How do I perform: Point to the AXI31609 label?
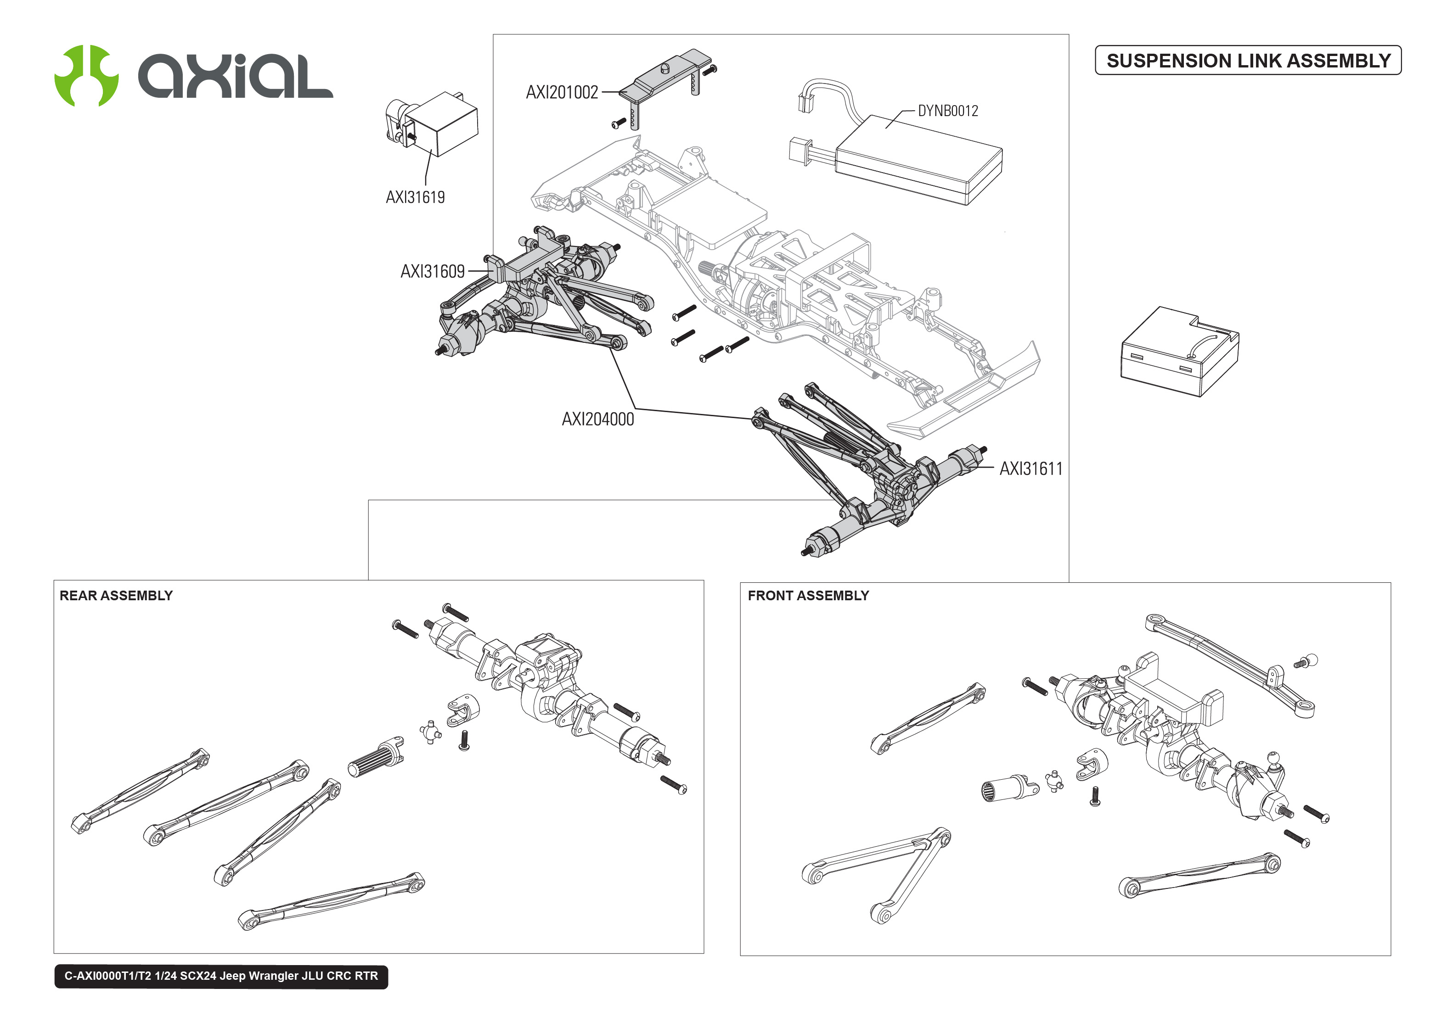coord(432,272)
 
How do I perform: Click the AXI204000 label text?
coord(597,419)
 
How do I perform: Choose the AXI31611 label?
coord(1030,469)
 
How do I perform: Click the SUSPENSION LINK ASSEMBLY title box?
coord(1247,61)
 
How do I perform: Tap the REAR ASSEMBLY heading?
coord(116,595)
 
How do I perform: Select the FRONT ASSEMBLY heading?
coord(807,595)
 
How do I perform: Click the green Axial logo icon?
coord(86,75)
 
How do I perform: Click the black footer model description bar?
coord(221,976)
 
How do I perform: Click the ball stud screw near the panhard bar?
coord(1306,662)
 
